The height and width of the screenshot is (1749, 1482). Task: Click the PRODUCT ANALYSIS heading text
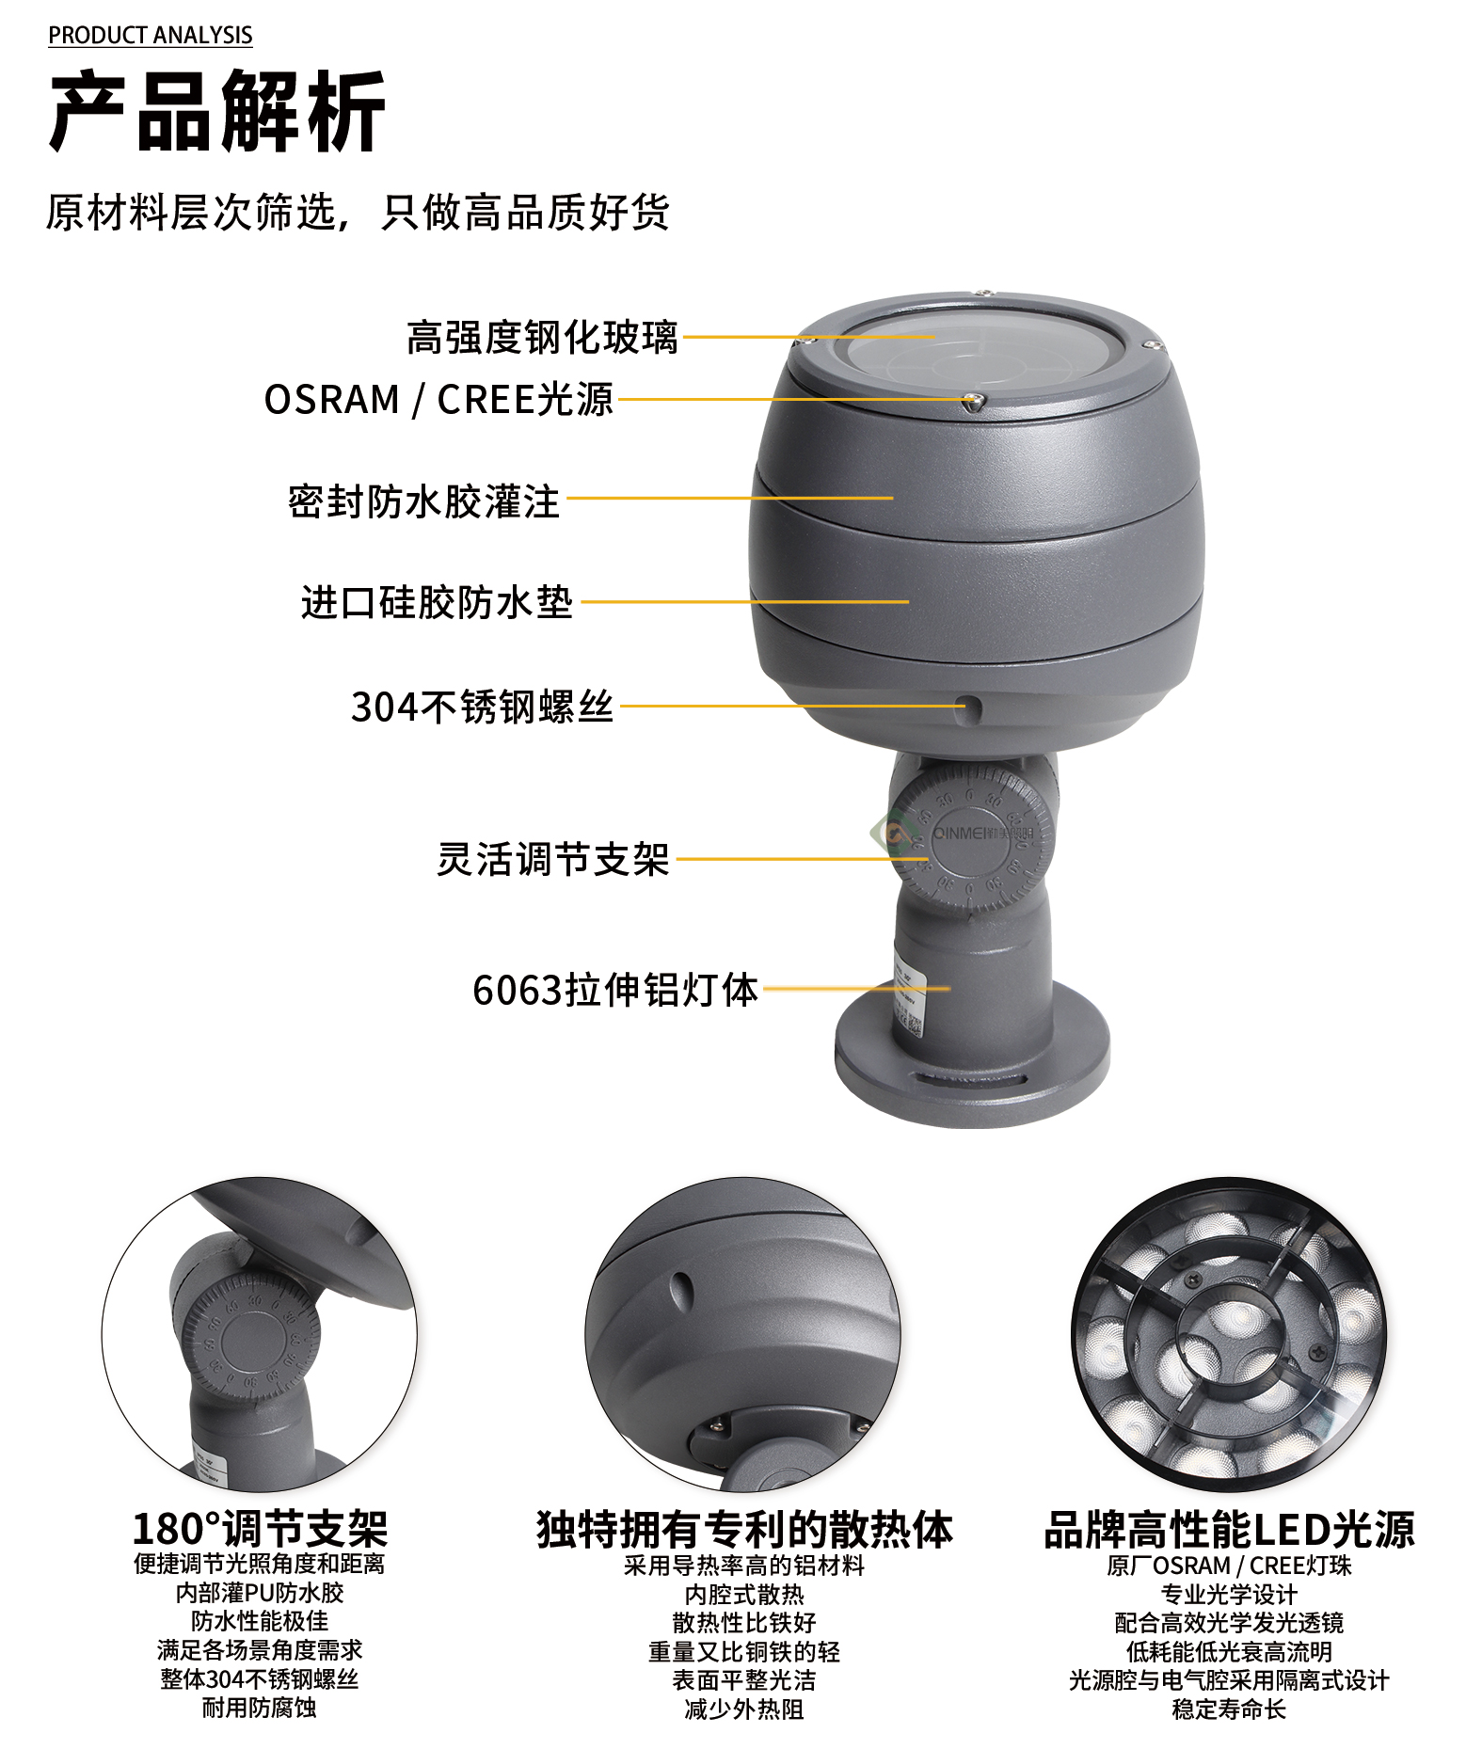(x=151, y=35)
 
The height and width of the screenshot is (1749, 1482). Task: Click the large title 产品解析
(x=217, y=112)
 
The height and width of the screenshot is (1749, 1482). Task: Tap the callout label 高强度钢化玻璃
(x=542, y=337)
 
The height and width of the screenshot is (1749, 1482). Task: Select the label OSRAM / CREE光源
(x=438, y=399)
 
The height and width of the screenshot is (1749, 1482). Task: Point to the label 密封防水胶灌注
(x=423, y=501)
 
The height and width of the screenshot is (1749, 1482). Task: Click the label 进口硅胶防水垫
(x=437, y=602)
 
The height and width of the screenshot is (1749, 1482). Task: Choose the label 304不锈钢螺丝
(x=482, y=707)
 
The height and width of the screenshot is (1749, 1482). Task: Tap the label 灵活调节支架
(x=553, y=859)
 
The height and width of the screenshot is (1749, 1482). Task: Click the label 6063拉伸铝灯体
(x=615, y=990)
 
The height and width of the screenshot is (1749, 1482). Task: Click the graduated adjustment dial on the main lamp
(x=973, y=835)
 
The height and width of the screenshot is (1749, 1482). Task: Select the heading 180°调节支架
(x=260, y=1529)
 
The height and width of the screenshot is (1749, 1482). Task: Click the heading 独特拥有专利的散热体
(x=744, y=1529)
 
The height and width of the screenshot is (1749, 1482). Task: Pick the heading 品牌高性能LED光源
(x=1229, y=1529)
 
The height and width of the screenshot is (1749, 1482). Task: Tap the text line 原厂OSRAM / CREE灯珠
(x=1229, y=1566)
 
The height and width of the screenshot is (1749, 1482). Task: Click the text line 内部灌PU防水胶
(x=260, y=1593)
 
